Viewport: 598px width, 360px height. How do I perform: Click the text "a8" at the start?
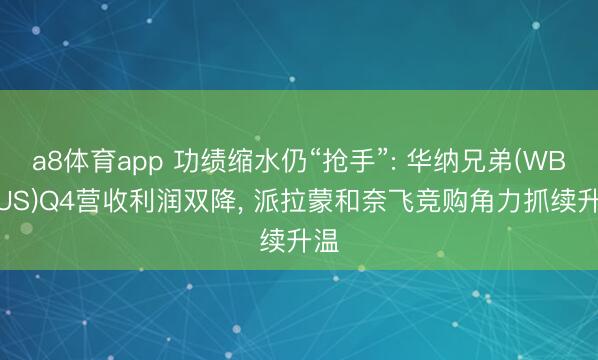click(44, 160)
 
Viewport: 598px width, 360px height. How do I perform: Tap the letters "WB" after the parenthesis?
click(545, 160)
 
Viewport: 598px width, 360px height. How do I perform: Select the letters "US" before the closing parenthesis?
click(10, 200)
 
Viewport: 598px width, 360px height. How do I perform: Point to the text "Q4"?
click(52, 200)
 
